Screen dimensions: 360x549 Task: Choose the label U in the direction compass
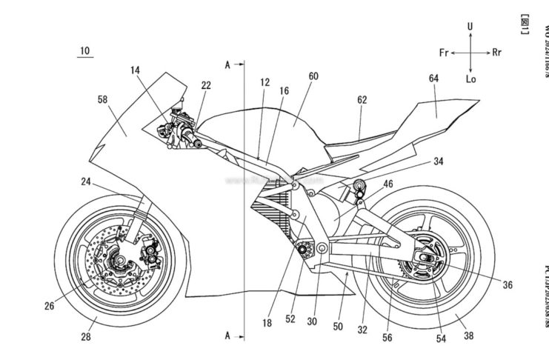click(469, 27)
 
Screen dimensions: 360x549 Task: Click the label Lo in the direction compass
click(469, 80)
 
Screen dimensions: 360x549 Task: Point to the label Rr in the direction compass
click(499, 53)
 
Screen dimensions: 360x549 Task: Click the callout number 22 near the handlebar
click(205, 86)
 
